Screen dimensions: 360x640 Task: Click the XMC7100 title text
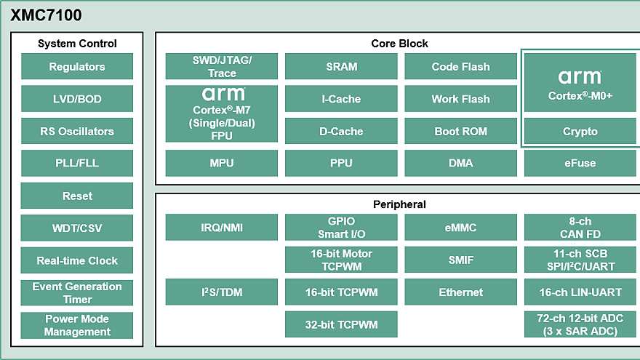click(46, 15)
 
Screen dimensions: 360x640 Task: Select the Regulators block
click(77, 67)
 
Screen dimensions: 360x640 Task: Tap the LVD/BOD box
click(77, 99)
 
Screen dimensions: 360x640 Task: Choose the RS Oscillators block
click(77, 132)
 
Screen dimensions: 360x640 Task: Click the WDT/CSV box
click(77, 228)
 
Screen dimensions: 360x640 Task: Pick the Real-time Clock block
click(77, 260)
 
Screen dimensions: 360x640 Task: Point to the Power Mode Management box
click(77, 325)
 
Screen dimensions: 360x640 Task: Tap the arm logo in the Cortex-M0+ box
click(580, 76)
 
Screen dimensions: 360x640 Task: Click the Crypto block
click(580, 132)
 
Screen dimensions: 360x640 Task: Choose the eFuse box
click(580, 163)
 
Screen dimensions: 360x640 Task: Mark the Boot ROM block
click(460, 132)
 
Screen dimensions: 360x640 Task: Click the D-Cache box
click(341, 132)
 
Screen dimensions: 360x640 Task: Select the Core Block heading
click(399, 44)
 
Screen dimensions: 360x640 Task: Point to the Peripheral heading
click(399, 204)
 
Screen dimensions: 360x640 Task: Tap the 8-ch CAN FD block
click(580, 228)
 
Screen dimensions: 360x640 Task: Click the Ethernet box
click(460, 292)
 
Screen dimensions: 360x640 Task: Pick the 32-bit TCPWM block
click(341, 324)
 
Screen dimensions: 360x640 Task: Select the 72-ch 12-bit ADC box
click(580, 324)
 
